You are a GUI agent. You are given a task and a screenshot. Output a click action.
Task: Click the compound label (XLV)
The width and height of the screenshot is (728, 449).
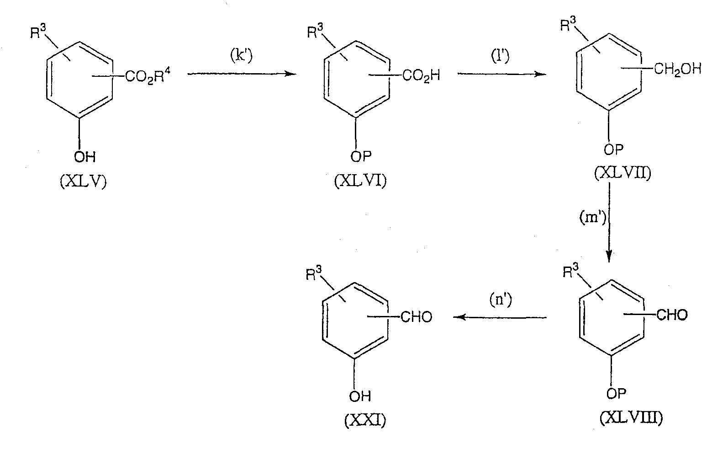(x=83, y=181)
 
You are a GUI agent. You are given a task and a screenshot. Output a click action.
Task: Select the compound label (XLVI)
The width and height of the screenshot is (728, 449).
(x=360, y=181)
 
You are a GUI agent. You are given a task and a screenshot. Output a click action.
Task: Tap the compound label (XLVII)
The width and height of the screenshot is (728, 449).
(x=622, y=173)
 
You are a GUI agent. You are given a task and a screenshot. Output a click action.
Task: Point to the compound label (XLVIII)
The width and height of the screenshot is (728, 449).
(x=631, y=417)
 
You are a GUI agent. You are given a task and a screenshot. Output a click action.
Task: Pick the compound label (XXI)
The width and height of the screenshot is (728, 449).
(x=365, y=420)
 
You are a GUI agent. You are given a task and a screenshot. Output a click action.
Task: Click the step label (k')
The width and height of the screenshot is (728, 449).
(x=242, y=56)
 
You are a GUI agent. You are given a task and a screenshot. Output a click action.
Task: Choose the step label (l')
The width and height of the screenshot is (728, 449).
(x=500, y=55)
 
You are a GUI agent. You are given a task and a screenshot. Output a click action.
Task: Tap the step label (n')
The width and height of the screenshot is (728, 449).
(x=501, y=299)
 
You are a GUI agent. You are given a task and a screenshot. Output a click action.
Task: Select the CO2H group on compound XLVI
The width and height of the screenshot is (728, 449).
(x=421, y=76)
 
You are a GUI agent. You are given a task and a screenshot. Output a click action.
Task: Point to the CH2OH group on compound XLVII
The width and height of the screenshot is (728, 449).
(x=678, y=69)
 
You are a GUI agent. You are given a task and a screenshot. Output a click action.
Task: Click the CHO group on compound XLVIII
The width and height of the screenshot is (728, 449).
(x=672, y=315)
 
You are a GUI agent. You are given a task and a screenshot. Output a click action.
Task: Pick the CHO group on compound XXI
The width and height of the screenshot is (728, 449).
(x=417, y=317)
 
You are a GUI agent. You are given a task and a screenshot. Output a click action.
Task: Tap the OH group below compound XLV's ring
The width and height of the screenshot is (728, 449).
(x=85, y=157)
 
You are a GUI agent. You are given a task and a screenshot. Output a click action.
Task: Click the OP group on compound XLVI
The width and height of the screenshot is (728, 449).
(x=361, y=156)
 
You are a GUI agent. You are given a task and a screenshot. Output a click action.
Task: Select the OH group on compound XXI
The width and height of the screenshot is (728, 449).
(x=360, y=396)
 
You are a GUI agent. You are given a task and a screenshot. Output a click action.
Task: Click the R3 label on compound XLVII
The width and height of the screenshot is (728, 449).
(x=568, y=24)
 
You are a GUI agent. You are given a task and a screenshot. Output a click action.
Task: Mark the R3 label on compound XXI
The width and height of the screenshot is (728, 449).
(x=314, y=273)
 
